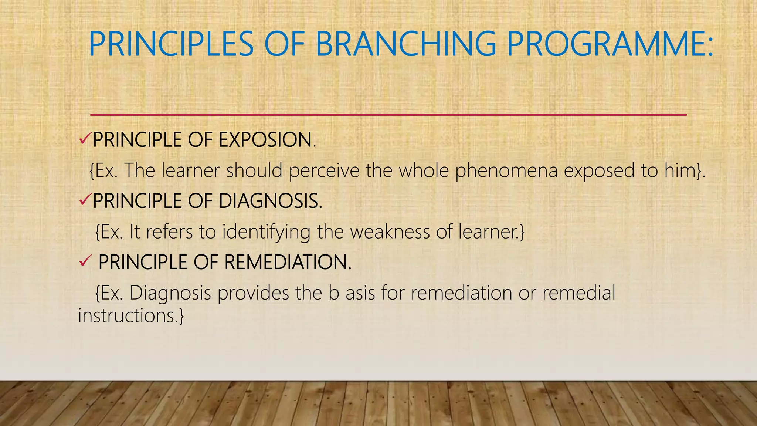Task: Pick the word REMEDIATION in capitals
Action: pyautogui.click(x=287, y=262)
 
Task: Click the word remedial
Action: pyautogui.click(x=578, y=293)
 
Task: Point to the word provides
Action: pyautogui.click(x=253, y=293)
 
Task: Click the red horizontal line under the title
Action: pyautogui.click(x=388, y=115)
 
